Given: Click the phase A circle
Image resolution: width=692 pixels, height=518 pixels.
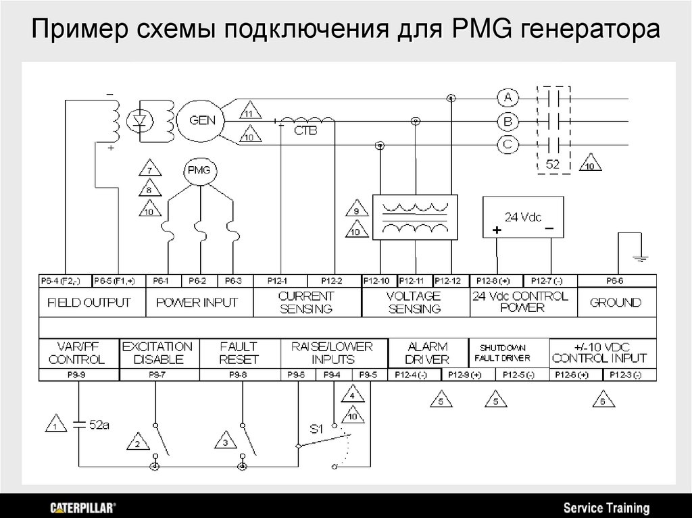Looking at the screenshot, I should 507,98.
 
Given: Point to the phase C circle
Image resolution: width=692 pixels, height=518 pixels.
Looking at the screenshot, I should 507,144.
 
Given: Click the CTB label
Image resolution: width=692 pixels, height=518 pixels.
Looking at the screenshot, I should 305,132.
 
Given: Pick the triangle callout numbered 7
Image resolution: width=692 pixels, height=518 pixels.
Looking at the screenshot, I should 149,168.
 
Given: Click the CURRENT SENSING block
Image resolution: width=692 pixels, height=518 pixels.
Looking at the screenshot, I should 307,303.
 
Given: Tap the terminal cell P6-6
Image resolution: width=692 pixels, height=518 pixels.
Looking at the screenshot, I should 616,280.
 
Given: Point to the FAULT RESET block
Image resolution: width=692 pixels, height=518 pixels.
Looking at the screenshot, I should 239,353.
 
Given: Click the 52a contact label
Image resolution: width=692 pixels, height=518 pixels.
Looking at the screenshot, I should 99,425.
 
